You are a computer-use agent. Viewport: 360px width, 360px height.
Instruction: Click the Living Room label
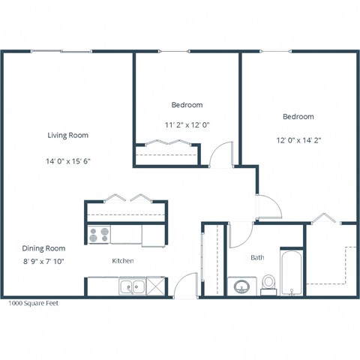(68, 136)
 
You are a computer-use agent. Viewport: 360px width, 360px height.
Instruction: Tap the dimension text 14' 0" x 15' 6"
(68, 160)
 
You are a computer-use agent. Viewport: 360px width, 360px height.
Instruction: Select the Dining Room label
(43, 248)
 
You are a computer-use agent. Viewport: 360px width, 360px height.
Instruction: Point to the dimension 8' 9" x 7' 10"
(43, 261)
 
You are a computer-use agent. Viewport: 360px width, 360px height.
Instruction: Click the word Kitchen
(122, 261)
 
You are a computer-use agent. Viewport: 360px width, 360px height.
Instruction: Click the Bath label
(257, 257)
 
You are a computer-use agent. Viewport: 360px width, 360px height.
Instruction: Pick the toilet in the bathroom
(268, 283)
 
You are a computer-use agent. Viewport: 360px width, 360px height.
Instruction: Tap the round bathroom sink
(242, 286)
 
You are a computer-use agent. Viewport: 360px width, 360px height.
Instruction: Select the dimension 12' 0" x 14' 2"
(298, 139)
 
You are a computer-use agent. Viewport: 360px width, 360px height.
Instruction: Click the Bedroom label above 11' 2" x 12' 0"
(186, 105)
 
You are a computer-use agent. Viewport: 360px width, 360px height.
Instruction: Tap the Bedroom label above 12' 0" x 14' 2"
(298, 117)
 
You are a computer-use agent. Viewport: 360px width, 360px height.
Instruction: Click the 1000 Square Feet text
(32, 304)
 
